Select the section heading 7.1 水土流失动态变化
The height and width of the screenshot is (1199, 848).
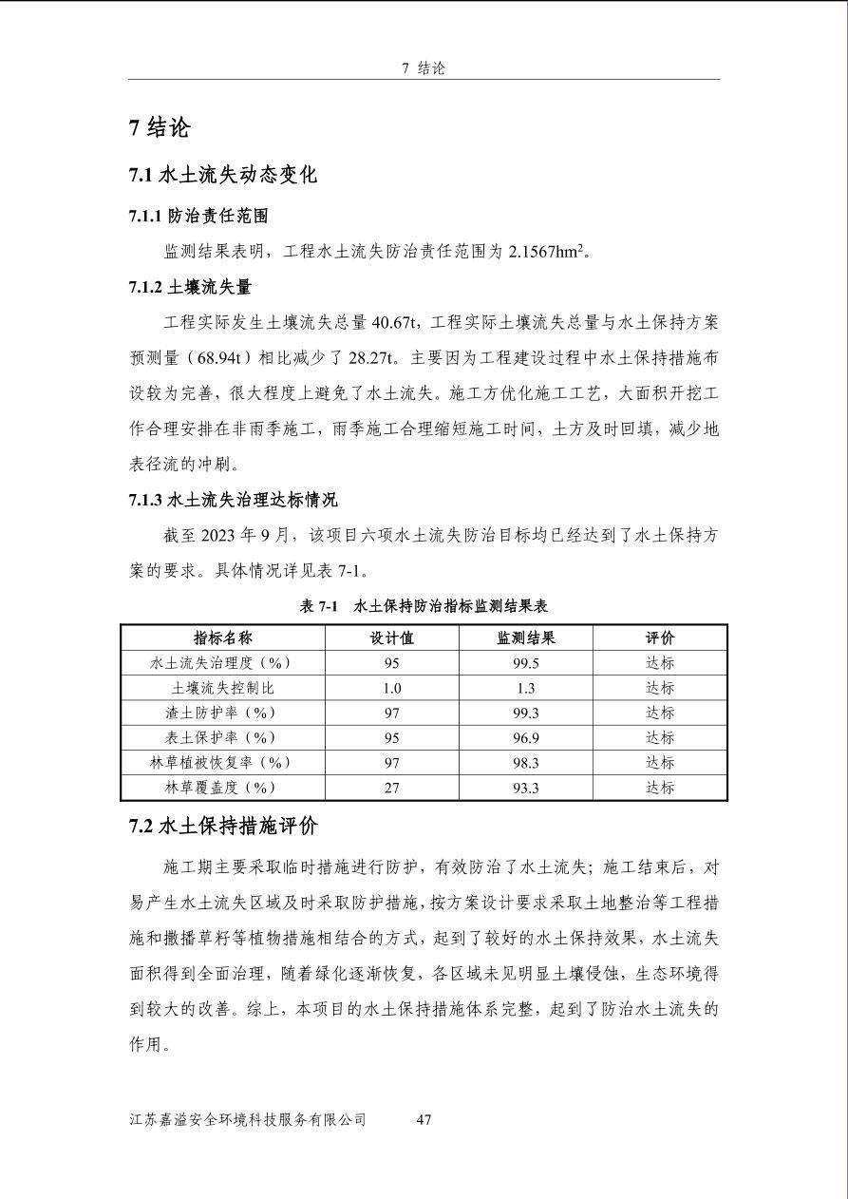[x=222, y=176]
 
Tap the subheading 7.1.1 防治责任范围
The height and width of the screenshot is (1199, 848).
[x=198, y=217]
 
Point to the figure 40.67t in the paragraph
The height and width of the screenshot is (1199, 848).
[x=396, y=322]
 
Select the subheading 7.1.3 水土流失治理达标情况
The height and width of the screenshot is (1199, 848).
[x=233, y=500]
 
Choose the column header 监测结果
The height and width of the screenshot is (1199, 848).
[x=525, y=638]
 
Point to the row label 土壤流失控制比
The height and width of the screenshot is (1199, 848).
[x=222, y=688]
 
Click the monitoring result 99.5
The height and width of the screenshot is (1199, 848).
[x=525, y=663]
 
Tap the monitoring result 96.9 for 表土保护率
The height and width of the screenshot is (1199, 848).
[x=525, y=737]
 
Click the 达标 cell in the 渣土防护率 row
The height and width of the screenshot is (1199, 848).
[x=660, y=713]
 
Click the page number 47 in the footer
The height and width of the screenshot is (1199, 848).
[x=424, y=1119]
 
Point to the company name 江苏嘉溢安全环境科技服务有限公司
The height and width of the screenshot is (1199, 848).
[x=248, y=1119]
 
